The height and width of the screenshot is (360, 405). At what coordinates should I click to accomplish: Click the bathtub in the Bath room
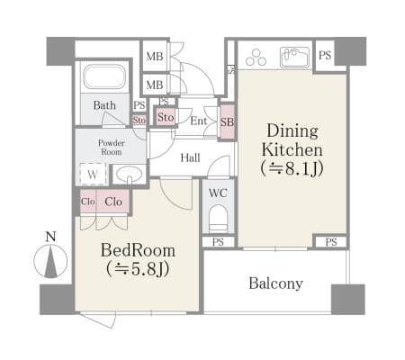[104, 76]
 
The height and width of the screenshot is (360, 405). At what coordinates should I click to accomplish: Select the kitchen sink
[294, 58]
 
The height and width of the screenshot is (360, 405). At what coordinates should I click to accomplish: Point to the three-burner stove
[256, 58]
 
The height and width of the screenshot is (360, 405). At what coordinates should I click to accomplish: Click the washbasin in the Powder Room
[130, 174]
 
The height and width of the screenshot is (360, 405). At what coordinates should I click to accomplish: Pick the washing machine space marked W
[93, 174]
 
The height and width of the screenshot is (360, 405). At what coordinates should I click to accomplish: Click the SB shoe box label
[227, 122]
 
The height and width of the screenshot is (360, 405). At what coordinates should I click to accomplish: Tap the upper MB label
[155, 56]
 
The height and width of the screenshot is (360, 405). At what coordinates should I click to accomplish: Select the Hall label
[190, 157]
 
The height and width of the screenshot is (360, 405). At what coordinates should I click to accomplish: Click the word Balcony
[275, 283]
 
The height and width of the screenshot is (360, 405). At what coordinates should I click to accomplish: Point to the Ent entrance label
[199, 121]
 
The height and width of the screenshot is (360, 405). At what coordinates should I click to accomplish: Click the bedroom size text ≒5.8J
[138, 268]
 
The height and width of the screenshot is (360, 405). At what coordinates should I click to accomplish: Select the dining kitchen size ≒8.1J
[292, 168]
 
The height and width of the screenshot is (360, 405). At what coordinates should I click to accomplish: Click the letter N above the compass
[50, 237]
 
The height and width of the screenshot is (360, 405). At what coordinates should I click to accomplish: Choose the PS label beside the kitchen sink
[325, 55]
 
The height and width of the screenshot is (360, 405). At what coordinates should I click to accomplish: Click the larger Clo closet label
[113, 202]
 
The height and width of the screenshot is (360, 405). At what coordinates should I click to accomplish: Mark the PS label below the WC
[218, 242]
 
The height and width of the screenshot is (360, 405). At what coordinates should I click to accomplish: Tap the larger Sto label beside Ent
[166, 117]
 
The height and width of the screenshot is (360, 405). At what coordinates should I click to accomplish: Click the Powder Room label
[112, 148]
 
